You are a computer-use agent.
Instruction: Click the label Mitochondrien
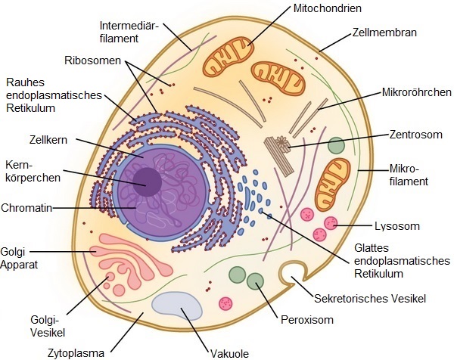328,8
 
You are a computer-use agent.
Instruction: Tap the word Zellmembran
384,32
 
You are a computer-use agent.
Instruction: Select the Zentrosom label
415,135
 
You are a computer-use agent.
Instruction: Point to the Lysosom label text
397,226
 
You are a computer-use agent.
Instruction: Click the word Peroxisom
307,320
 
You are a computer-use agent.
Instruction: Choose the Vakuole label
229,353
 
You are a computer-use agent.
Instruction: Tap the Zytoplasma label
76,353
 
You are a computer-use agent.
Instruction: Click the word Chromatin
26,208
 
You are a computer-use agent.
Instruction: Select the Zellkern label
48,140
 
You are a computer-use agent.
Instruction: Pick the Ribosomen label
92,61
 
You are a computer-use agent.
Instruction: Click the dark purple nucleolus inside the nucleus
147,182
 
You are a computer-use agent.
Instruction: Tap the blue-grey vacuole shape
177,306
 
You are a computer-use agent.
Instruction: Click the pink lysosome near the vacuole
225,303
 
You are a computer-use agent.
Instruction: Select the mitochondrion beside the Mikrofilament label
333,185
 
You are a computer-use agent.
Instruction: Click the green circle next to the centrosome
336,145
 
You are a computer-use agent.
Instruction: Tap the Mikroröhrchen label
417,92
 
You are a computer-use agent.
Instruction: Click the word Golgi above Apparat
13,252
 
